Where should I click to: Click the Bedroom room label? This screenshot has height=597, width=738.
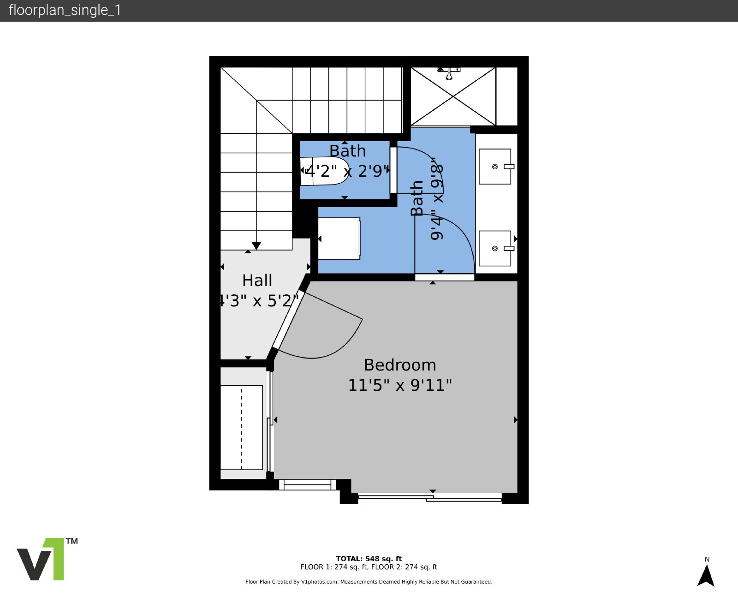[x=400, y=365]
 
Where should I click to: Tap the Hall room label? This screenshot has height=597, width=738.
[x=257, y=281]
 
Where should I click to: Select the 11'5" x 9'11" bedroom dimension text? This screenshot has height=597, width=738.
[x=400, y=385]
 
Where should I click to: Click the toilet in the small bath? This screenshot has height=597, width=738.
[x=324, y=171]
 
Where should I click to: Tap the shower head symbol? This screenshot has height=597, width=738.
[x=449, y=73]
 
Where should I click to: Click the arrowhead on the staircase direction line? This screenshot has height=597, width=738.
[x=256, y=245]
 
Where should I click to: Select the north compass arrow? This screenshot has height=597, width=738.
[x=706, y=576]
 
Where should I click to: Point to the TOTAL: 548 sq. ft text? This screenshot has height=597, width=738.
[x=369, y=559]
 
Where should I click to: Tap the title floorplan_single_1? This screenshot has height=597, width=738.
[x=65, y=10]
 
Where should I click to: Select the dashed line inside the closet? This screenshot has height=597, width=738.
[x=242, y=428]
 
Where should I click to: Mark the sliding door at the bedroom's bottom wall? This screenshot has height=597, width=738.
[x=429, y=498]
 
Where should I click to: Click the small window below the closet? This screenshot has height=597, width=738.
[x=307, y=485]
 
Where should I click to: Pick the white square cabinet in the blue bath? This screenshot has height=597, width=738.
[x=339, y=239]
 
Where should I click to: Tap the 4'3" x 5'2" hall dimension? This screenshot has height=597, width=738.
[x=259, y=301]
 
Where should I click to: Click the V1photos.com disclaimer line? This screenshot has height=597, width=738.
[x=369, y=582]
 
